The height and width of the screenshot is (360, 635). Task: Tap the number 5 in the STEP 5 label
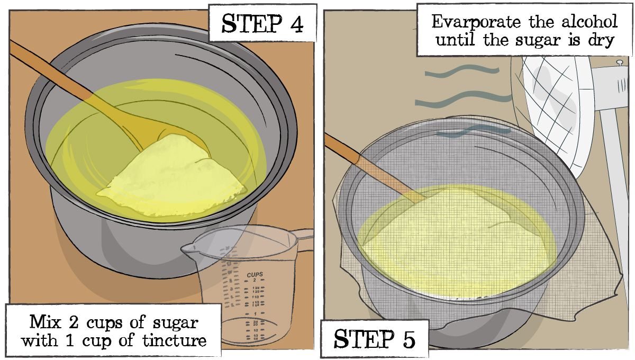[x=403, y=340]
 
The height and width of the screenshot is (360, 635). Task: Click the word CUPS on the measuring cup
[x=255, y=275]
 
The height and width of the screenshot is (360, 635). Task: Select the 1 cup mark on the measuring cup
[x=255, y=314]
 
